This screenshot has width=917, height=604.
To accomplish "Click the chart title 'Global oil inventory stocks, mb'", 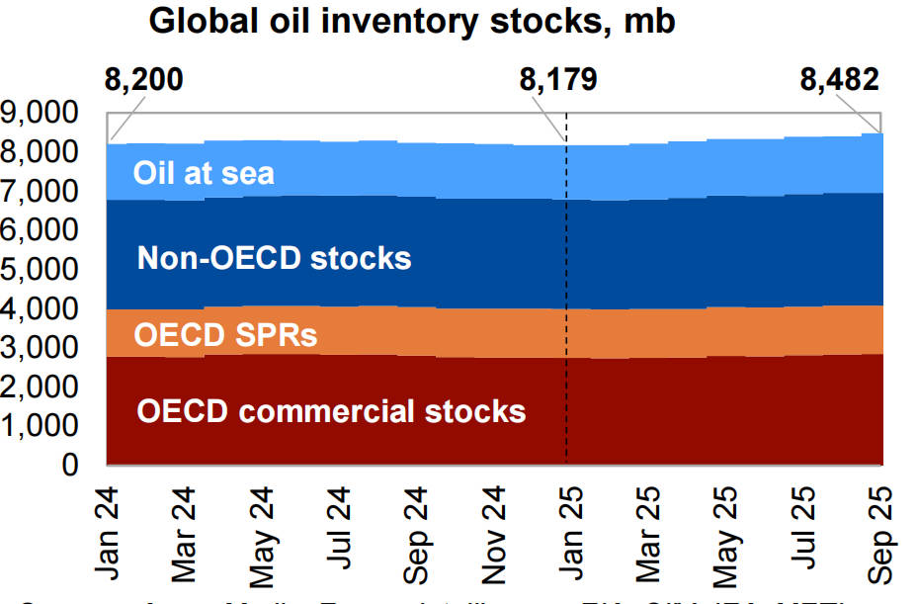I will [411, 22].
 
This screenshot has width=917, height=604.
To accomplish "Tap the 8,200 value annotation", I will [143, 79].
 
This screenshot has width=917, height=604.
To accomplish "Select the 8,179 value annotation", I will [558, 79].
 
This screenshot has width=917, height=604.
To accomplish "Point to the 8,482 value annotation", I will [839, 79].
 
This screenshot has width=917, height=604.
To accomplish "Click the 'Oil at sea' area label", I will [204, 175].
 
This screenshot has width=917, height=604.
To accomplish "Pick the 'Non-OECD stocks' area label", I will [274, 258].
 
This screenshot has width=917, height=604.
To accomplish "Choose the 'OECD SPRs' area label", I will [226, 335].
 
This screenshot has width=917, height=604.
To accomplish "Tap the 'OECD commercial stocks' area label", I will [331, 410].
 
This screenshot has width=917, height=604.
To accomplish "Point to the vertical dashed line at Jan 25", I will [566, 297].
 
